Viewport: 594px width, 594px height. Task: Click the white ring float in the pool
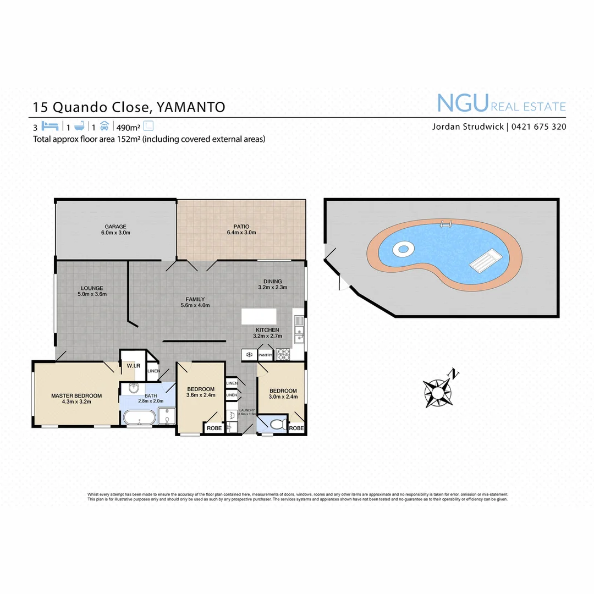[x=403, y=249]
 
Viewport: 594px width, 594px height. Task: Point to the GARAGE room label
[x=116, y=227]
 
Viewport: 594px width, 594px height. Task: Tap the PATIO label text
[x=241, y=227]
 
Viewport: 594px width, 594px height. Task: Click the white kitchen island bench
[x=258, y=316]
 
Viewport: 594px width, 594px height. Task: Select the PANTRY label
[x=266, y=355]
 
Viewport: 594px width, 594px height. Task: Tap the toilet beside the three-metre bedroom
[x=278, y=424]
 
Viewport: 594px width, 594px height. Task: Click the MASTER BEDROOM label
[x=76, y=395]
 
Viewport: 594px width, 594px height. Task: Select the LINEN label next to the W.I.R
[x=153, y=371]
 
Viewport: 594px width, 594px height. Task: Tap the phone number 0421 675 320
[x=538, y=127]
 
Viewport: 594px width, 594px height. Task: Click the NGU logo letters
[x=462, y=103]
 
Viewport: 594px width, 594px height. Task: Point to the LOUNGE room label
[x=92, y=288]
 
